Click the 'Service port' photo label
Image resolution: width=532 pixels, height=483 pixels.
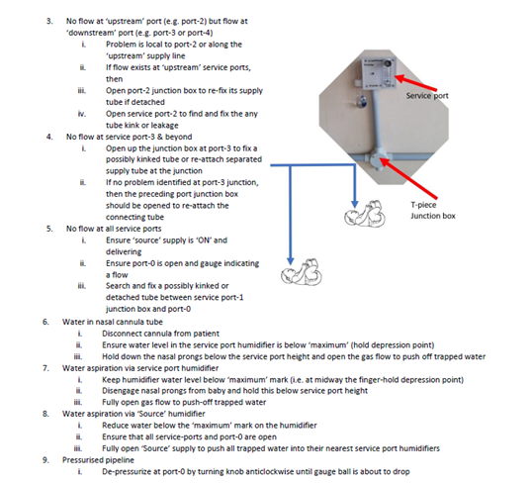[x=427, y=96]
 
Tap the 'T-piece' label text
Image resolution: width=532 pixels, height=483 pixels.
[x=423, y=205]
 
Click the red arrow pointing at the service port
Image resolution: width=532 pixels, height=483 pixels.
[x=415, y=83]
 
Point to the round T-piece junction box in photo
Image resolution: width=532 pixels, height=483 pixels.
[x=378, y=158]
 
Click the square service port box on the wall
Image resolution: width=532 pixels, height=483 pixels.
[x=379, y=73]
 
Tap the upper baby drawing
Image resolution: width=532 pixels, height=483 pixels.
[x=365, y=215]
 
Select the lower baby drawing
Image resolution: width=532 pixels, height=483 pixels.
[x=302, y=272]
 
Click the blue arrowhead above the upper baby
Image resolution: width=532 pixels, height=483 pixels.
[x=355, y=204]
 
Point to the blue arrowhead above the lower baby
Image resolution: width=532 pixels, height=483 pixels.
[x=290, y=260]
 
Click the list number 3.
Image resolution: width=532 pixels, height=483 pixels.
[x=49, y=21]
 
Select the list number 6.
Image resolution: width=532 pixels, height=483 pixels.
[x=45, y=322]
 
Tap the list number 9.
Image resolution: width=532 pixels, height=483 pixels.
[x=45, y=460]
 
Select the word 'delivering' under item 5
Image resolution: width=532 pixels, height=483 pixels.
[x=124, y=252]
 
